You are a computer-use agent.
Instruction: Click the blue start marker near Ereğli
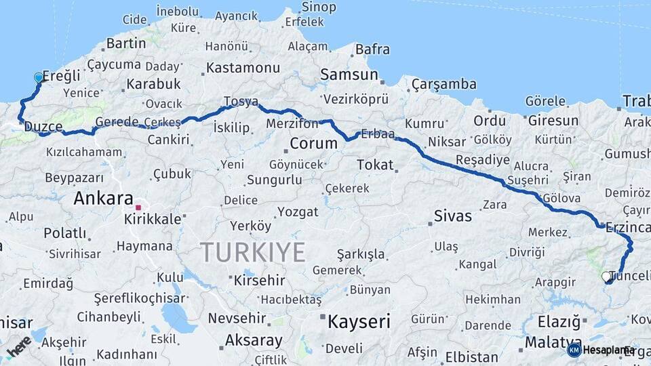[x=38, y=78]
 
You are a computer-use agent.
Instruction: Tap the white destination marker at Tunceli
[x=606, y=277]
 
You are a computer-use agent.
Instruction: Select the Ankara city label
[x=103, y=199]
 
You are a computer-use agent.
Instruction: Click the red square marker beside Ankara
[x=138, y=207]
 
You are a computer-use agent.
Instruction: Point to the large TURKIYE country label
[x=253, y=252]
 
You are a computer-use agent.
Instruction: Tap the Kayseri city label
[x=359, y=321]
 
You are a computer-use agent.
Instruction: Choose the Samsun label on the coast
[x=349, y=75]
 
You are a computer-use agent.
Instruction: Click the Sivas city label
[x=452, y=217]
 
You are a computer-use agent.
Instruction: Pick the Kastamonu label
[x=243, y=68]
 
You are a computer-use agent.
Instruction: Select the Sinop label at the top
[x=318, y=7]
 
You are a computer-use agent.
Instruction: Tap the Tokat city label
[x=375, y=165]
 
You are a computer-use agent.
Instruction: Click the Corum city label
[x=313, y=144]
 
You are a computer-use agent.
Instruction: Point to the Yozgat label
[x=298, y=212]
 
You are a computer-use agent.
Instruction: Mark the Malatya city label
[x=553, y=342]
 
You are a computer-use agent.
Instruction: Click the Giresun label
[x=552, y=121]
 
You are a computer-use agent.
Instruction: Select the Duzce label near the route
[x=43, y=127]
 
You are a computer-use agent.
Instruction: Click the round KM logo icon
[x=574, y=350]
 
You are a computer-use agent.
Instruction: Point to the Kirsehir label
[x=259, y=280]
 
